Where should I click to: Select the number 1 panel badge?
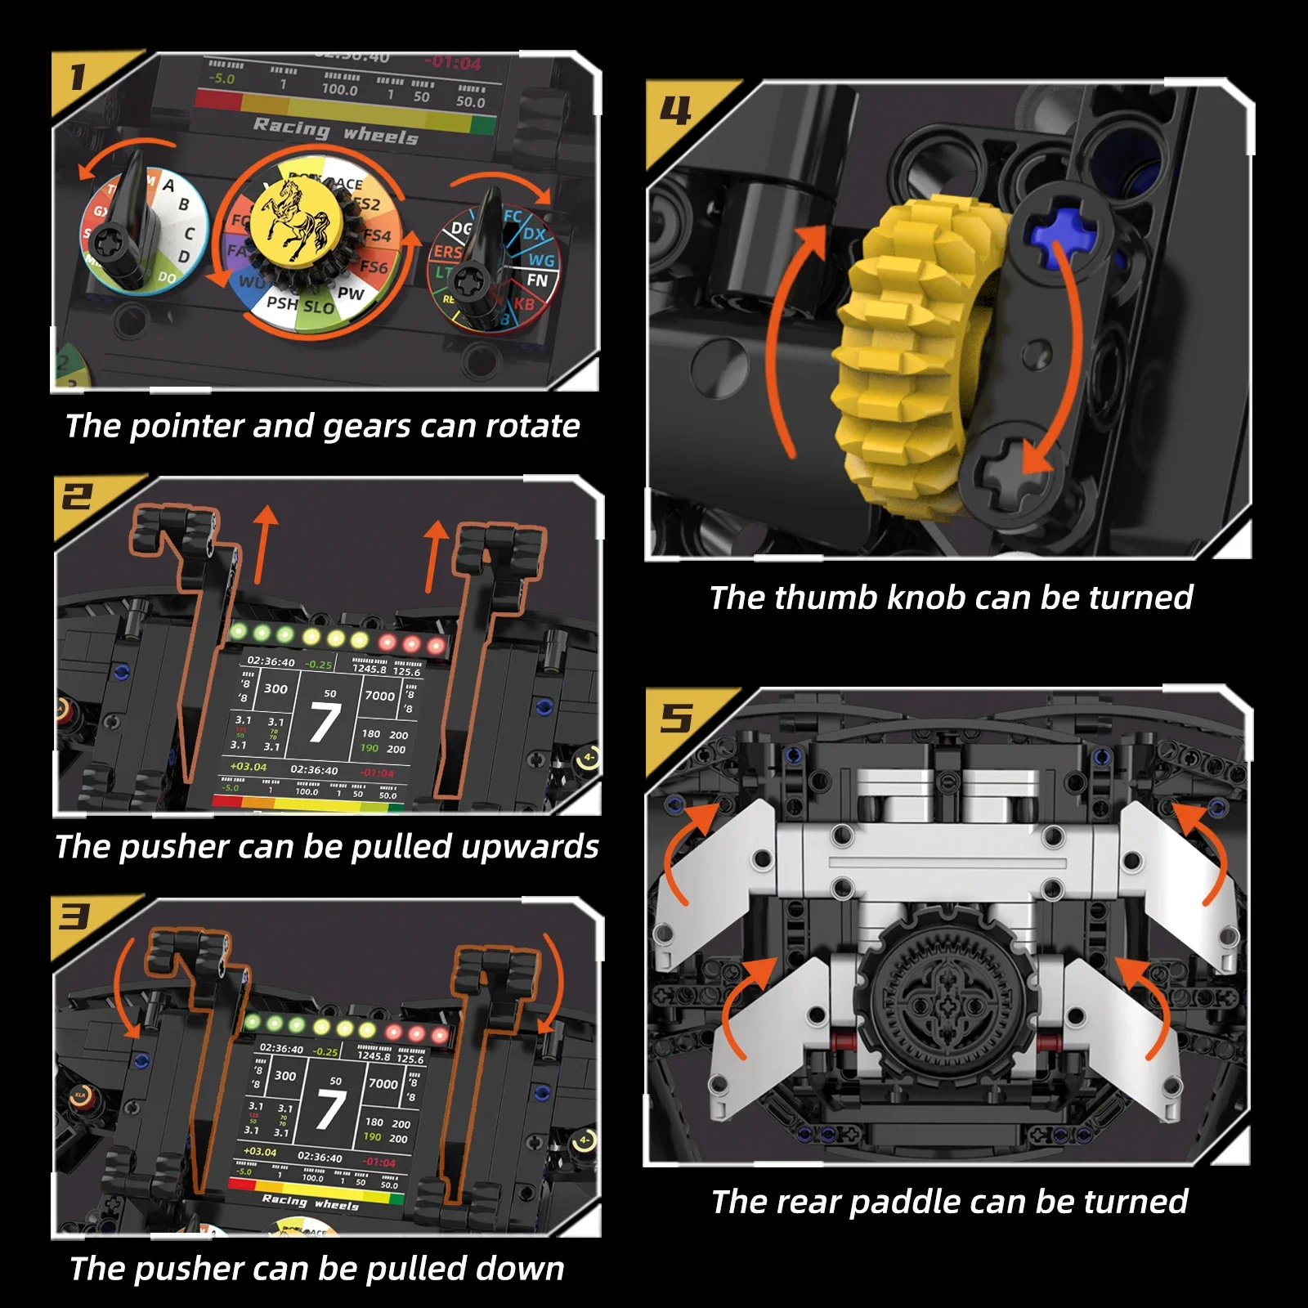pyautogui.click(x=78, y=78)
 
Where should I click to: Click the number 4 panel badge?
pyautogui.click(x=676, y=110)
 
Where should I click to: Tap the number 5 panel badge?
pyautogui.click(x=675, y=719)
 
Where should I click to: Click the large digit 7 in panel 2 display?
pyautogui.click(x=325, y=722)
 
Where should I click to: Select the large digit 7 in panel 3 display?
pyautogui.click(x=330, y=1109)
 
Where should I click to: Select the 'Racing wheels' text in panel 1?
pyautogui.click(x=335, y=131)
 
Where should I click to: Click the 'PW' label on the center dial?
pyautogui.click(x=351, y=293)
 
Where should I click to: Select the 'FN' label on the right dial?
pyautogui.click(x=537, y=280)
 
